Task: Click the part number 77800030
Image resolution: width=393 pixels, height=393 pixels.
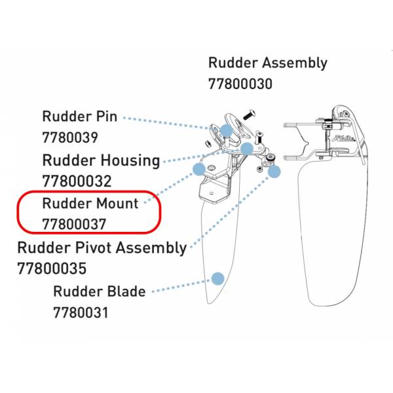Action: point(240,84)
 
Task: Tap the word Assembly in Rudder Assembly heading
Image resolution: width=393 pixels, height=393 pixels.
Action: point(295,63)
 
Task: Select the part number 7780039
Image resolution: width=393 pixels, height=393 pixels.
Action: point(70,138)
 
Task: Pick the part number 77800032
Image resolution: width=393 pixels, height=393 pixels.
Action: point(77,181)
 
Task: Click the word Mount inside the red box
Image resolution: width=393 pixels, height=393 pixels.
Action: point(117,203)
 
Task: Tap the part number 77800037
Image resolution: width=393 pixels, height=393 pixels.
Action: point(75,224)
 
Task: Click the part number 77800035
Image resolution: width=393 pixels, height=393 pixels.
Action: point(52,269)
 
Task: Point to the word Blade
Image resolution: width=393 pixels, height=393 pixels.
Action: point(126,291)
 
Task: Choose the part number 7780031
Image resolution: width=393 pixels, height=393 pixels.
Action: point(81,312)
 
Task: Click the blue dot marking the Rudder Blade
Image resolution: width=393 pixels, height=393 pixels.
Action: point(217,279)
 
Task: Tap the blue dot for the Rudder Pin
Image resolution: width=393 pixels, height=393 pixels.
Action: point(227,130)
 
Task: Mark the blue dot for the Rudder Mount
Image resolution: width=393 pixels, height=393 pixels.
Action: point(199,170)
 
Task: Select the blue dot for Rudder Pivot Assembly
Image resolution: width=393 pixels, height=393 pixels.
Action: point(274,172)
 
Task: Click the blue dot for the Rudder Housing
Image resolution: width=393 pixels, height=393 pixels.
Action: point(247,149)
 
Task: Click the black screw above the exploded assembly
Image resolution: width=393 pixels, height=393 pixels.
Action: point(250,115)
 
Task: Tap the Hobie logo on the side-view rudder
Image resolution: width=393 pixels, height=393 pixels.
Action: point(344,138)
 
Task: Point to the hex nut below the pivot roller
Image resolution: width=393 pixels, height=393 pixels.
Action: point(260,170)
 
